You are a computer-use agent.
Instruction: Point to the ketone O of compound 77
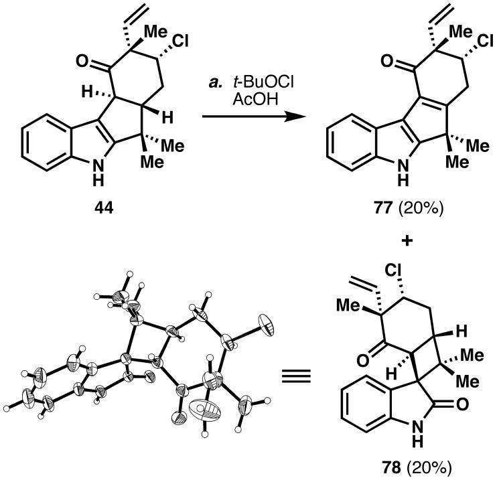362,62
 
